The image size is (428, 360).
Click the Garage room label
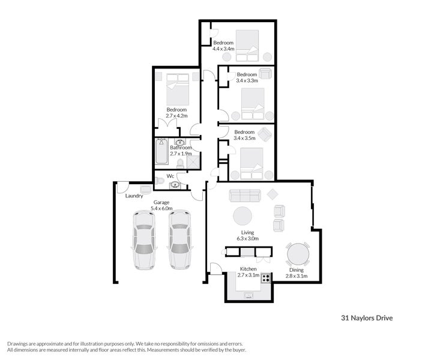[x=161, y=202]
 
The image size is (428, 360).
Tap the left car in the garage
[x=144, y=240]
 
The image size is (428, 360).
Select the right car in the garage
[x=180, y=239]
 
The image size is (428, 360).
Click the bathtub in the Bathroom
[x=161, y=151]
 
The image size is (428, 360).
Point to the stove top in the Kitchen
[x=265, y=278]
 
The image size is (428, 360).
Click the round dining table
[x=298, y=254]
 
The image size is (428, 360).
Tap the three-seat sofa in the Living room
[x=245, y=196]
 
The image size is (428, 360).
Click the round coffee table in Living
[x=243, y=216]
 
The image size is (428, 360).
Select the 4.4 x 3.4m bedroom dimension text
[x=223, y=49]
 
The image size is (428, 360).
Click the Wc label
[x=170, y=176]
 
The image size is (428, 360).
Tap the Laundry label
[x=134, y=196]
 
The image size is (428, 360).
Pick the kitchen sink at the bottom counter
[x=249, y=295]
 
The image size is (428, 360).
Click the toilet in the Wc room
[x=160, y=181]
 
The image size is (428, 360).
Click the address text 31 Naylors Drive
[x=367, y=318]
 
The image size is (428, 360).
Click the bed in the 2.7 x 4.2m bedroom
[x=178, y=89]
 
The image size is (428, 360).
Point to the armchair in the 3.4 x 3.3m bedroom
[x=265, y=73]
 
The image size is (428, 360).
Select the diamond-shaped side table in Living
[x=273, y=194]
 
